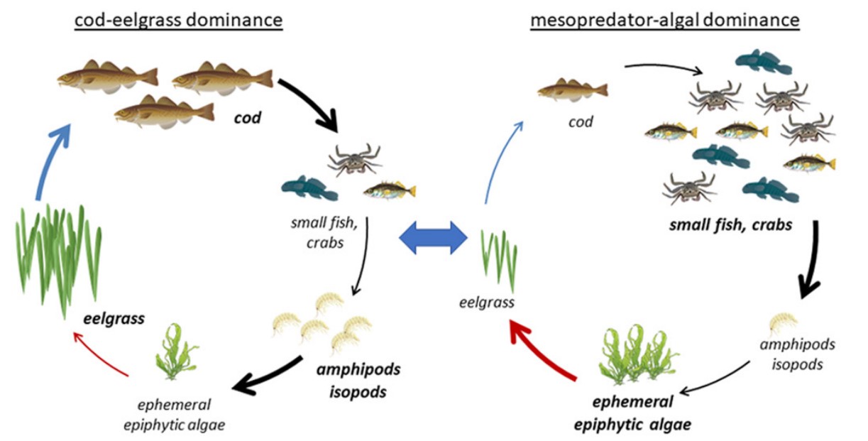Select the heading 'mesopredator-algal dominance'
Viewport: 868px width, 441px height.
point(664,21)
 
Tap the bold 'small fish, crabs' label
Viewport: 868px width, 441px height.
point(730,226)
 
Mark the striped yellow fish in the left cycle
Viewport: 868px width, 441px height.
point(389,190)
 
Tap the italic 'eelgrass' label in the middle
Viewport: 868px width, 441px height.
point(486,303)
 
